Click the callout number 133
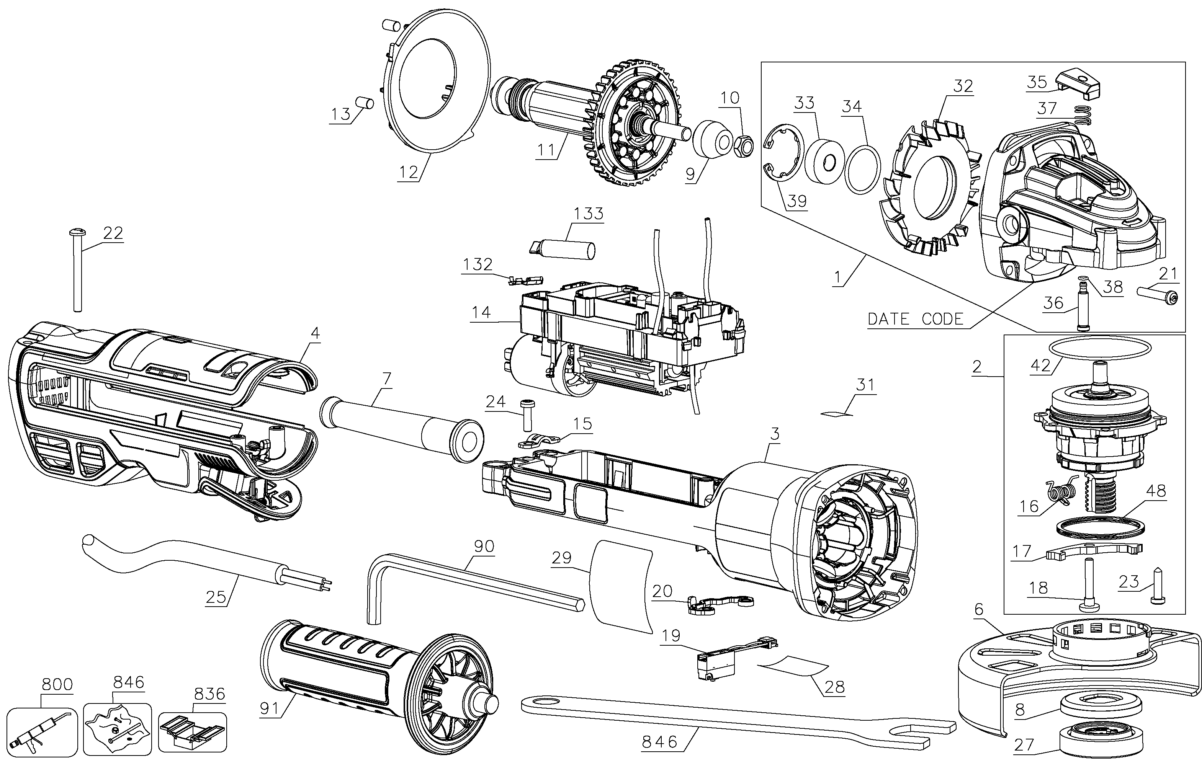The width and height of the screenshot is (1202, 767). point(589,214)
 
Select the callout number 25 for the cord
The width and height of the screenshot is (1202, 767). point(216,597)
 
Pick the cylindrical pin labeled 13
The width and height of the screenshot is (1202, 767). point(365,103)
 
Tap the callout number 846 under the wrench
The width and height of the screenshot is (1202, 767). point(660,742)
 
